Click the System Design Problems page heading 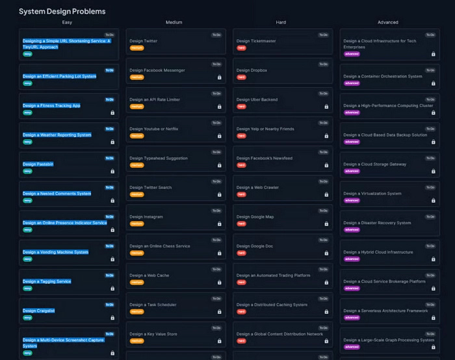point(62,11)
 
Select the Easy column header point(67,22)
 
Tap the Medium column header point(174,22)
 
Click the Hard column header point(281,22)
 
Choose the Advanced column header point(388,22)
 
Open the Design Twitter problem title point(143,41)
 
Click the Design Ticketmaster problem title point(256,41)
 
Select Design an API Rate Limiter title point(155,99)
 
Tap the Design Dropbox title point(252,70)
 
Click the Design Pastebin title point(38,164)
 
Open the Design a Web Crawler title point(257,187)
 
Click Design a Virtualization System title point(372,194)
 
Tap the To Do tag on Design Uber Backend point(323,94)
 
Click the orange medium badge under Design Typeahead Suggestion point(136,165)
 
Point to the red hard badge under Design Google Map point(241,224)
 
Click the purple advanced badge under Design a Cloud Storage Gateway point(351,171)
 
